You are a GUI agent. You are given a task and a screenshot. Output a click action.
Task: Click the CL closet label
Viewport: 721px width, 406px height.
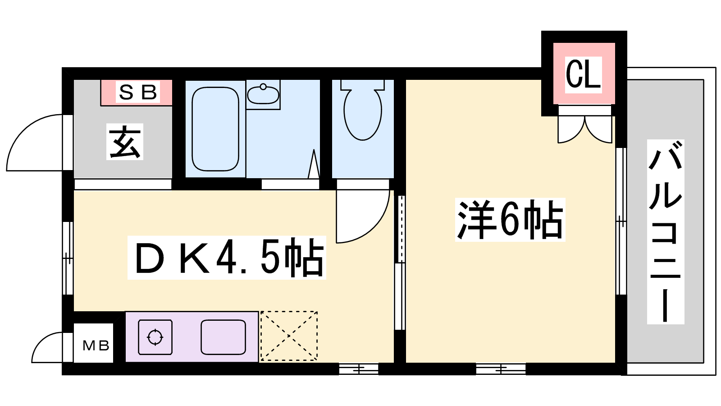pos(583,74)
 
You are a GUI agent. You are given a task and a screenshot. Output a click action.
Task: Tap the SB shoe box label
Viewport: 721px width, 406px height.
pos(138,92)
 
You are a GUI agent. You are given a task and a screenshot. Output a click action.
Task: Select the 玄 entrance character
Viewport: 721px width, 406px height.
pos(125,142)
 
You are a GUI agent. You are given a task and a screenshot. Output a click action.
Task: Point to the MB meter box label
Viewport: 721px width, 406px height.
pos(96,346)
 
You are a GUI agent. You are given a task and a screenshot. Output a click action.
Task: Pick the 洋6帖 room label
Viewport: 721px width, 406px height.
pos(510,220)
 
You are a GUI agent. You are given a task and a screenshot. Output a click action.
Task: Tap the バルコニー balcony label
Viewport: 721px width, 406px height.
pos(665,232)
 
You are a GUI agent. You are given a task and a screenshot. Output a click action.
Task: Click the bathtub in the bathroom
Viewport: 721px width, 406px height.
pos(215,129)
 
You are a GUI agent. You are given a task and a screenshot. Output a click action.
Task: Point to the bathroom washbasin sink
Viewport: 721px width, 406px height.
pos(263,94)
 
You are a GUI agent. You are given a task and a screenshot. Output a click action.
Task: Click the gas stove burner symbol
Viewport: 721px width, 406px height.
pos(155,337)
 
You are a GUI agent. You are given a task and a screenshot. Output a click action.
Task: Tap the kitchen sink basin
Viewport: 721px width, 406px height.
pos(224,337)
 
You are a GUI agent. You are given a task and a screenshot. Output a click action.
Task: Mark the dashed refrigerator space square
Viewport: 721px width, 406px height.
pos(289,336)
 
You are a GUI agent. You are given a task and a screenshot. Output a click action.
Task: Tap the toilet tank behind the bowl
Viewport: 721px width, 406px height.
pos(363,85)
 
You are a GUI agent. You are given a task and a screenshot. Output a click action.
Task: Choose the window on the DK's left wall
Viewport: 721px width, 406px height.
pos(68,258)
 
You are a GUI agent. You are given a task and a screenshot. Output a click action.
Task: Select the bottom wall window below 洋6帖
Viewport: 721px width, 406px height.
pos(501,369)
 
